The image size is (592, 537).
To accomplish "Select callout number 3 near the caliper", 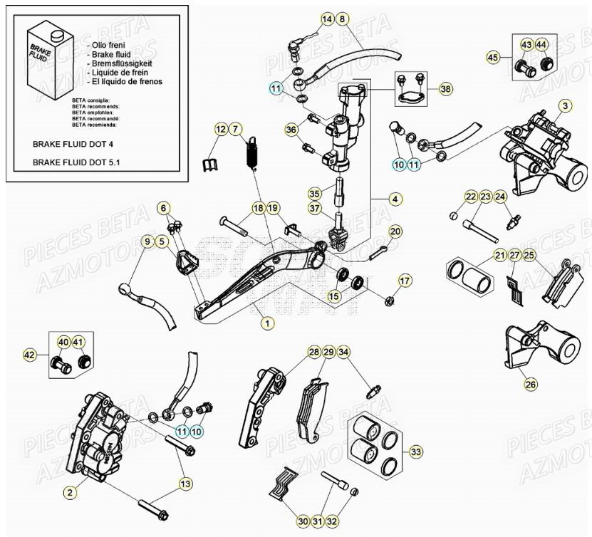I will pos(564,106).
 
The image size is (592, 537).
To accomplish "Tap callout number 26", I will pos(530,385).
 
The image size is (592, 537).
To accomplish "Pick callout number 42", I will pos(30,353).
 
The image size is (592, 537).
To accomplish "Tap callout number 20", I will pos(395,231).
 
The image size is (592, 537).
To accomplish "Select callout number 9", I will pos(147,242).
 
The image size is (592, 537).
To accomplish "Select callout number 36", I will pos(291,130).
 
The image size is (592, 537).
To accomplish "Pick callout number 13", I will pos(185,484).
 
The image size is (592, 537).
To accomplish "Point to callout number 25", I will pos(528,255).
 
